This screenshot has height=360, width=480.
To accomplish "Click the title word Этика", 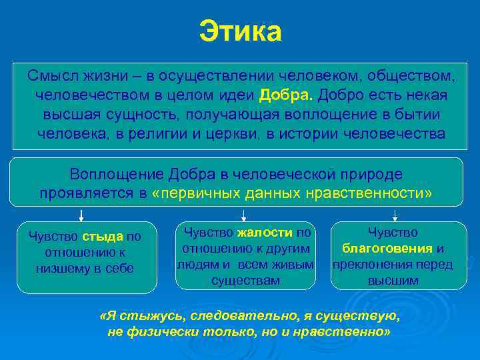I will tap(240, 31).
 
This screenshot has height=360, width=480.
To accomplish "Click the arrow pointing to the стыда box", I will tap(81, 215).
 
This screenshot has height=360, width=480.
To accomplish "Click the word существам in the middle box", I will tap(245, 281).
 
